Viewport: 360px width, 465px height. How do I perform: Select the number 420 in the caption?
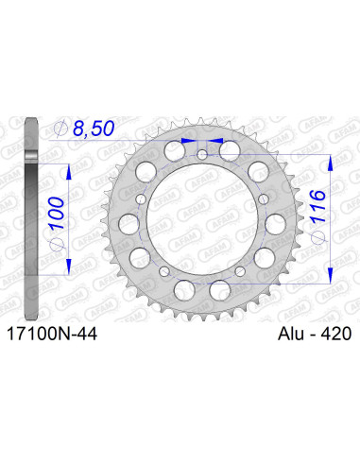click(x=332, y=334)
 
